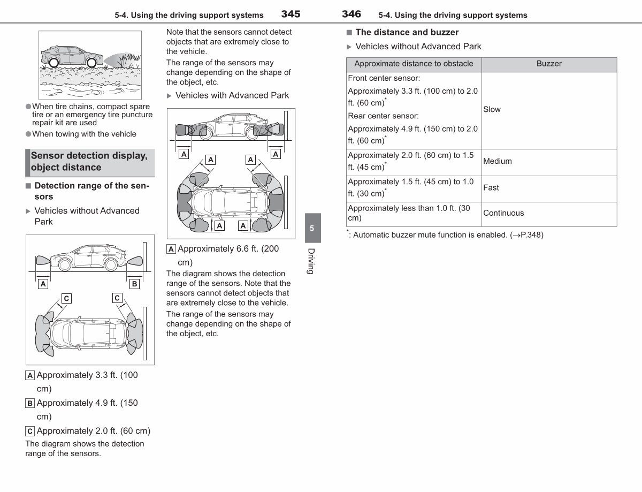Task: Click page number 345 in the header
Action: [291, 14]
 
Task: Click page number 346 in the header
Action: [351, 14]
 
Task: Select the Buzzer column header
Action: [549, 64]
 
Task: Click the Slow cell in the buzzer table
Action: [492, 109]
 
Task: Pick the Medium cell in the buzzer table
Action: [497, 161]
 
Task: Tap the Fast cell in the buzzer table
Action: [491, 187]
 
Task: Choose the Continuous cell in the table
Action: [503, 213]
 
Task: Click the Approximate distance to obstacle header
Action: [414, 64]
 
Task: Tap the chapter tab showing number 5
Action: [312, 228]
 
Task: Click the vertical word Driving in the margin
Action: [311, 261]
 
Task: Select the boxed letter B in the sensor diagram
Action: [134, 284]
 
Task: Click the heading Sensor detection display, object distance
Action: [89, 161]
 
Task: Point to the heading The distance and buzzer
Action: [407, 32]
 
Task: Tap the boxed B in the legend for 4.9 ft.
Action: [30, 403]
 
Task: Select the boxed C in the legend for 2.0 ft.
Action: [30, 432]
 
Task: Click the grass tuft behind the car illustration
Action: [129, 60]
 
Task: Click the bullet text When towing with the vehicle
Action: [84, 134]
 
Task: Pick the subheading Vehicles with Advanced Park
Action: [232, 95]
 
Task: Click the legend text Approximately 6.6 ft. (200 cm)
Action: [228, 255]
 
